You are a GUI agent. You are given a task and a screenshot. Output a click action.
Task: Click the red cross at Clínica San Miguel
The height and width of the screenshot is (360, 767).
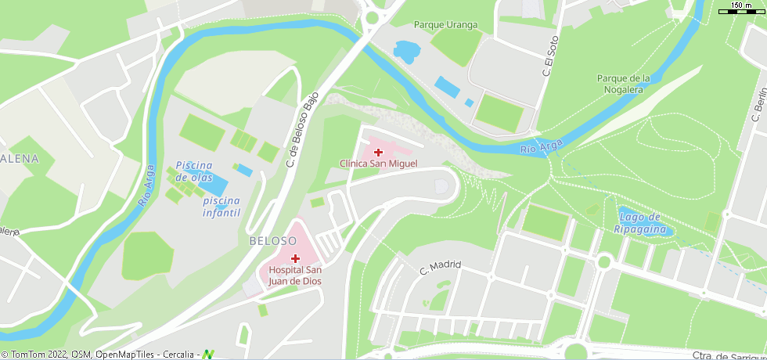point(378,152)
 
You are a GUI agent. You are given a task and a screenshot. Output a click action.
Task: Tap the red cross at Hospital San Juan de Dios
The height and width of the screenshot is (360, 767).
point(295,258)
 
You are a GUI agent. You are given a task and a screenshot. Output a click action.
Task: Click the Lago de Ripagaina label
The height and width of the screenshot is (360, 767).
point(639,222)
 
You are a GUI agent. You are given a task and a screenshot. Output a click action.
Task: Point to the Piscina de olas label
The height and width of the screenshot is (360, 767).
point(194,171)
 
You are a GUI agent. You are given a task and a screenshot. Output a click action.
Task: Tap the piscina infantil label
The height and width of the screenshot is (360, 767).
point(221,207)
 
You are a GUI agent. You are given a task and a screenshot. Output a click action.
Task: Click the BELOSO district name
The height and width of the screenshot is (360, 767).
point(272,241)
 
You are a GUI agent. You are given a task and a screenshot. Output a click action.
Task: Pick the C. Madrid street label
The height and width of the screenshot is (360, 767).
point(441,268)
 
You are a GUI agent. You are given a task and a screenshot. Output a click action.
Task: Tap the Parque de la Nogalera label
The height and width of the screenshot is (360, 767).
point(624,84)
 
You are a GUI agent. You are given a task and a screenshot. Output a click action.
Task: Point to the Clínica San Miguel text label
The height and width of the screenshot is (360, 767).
point(378,164)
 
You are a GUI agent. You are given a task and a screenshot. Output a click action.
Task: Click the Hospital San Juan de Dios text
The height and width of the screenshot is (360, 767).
point(295,275)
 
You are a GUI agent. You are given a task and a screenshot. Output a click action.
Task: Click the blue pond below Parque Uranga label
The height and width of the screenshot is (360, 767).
point(406,52)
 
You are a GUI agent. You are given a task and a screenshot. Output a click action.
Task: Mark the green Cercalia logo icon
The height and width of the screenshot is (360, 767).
point(208,355)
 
